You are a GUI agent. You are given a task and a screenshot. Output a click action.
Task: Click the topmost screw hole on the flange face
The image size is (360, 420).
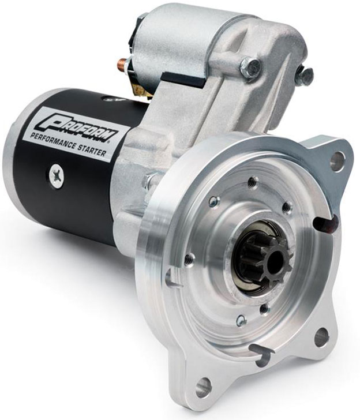[x=252, y=182]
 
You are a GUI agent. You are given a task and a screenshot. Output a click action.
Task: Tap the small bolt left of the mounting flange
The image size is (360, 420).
[x=149, y=180]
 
